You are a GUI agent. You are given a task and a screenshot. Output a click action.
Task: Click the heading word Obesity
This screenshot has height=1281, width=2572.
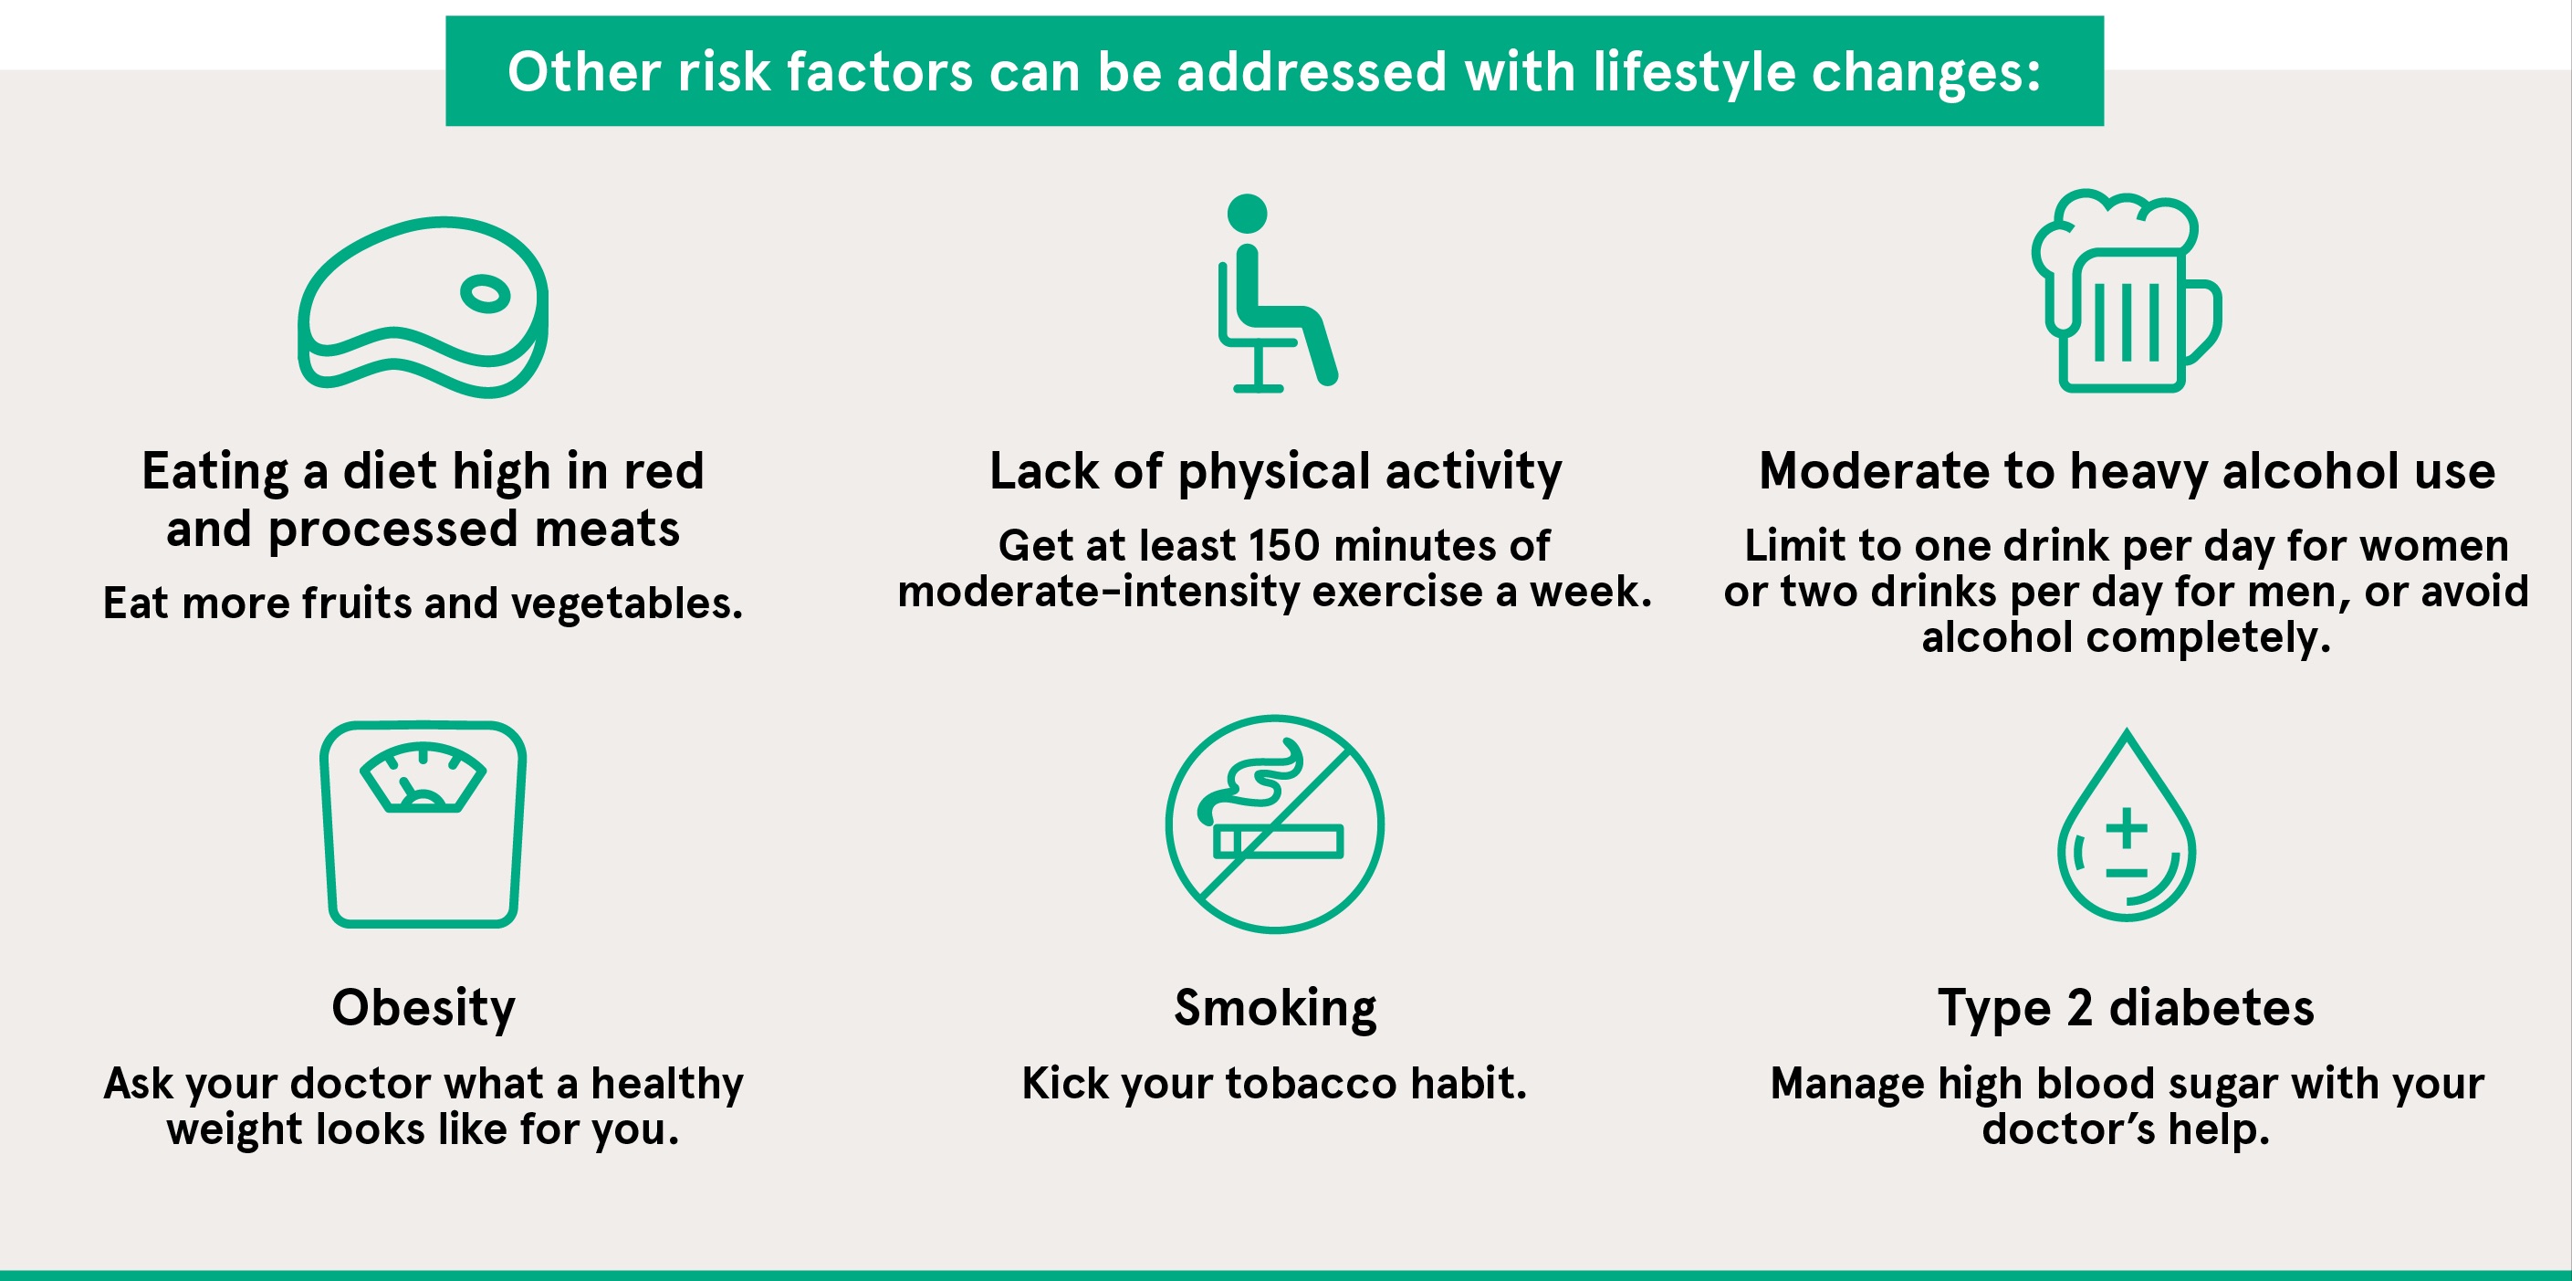coord(423,1008)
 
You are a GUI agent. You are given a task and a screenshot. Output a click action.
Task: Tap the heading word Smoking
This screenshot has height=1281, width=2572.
coord(1275,1008)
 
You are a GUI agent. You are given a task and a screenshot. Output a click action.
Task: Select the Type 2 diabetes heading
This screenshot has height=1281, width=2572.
coord(2126,1008)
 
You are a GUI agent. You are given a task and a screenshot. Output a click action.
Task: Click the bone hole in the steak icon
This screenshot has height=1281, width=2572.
coord(486,293)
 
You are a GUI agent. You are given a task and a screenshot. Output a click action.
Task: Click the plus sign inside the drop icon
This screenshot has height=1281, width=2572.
coord(2127,826)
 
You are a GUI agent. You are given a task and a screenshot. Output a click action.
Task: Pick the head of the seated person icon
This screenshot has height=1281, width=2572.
coord(1247,214)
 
